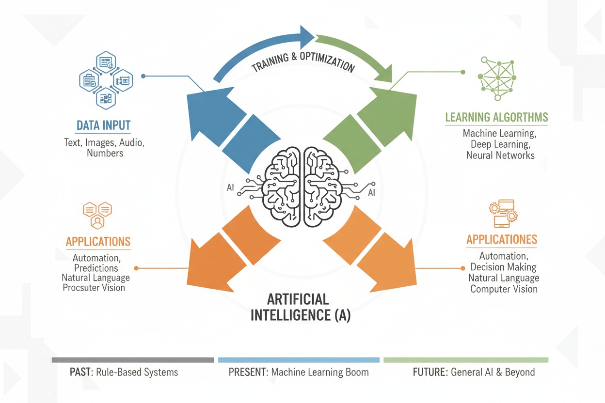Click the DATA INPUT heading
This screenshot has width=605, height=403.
pos(103,125)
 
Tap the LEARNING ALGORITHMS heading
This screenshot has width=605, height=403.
pos(497,117)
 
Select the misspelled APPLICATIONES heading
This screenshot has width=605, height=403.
pos(502,240)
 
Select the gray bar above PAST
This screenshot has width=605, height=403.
pos(132,360)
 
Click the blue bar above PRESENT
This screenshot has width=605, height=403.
pos(299,360)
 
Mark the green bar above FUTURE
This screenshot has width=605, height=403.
pos(466,360)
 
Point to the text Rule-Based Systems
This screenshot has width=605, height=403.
pos(137,372)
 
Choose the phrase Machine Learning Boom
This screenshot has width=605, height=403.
pos(320,372)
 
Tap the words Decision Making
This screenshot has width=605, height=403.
pos(504,267)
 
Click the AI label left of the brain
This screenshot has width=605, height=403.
pos(231,187)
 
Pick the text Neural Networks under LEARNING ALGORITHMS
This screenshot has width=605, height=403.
pos(500,155)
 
